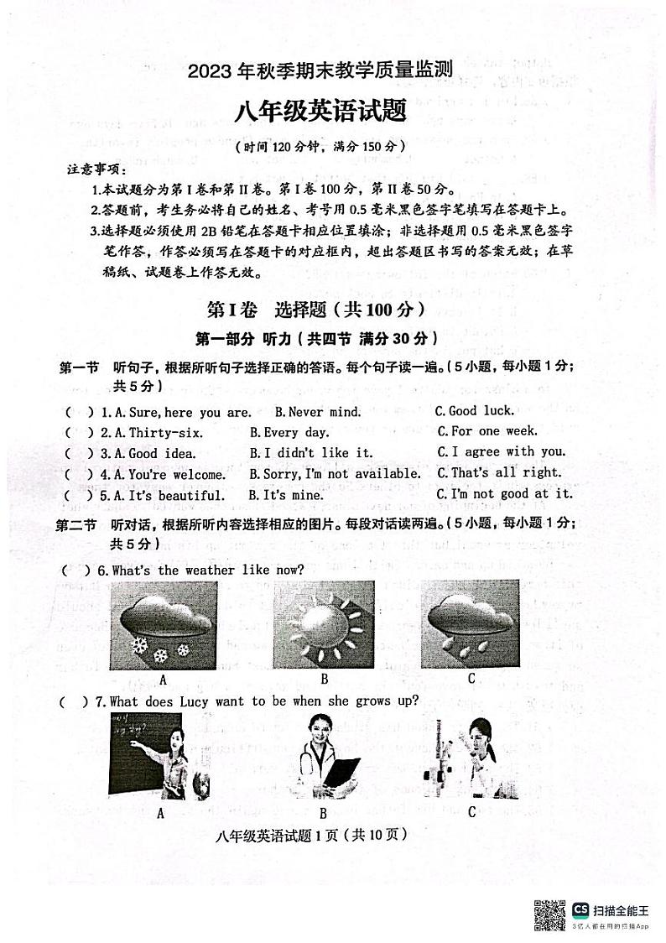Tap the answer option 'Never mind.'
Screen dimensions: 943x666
(318, 412)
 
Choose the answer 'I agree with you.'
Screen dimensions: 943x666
(501, 452)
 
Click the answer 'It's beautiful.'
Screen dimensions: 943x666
(169, 495)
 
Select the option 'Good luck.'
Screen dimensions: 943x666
(474, 411)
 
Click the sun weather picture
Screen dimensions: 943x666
(324, 625)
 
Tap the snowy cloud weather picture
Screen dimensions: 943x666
(162, 625)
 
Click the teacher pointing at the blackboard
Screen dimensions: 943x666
(159, 756)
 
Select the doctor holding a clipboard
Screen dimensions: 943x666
(323, 756)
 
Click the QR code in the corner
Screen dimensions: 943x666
(550, 914)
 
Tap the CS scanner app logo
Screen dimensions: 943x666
(580, 910)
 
